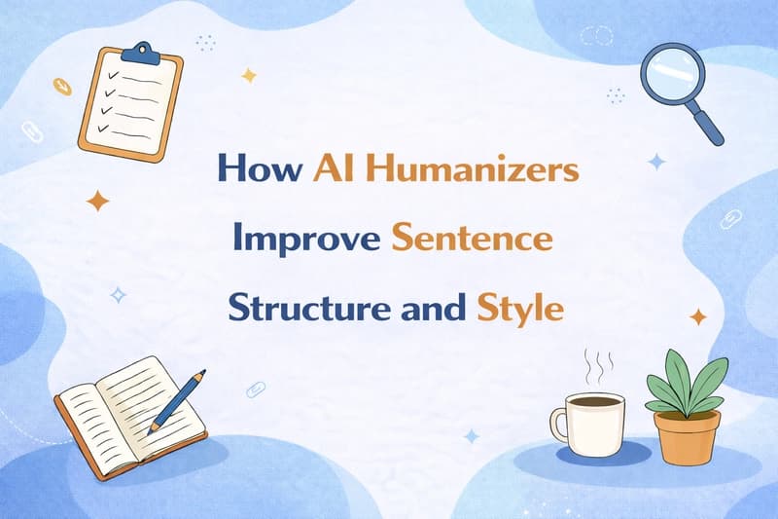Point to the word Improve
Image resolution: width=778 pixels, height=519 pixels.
pos(302,239)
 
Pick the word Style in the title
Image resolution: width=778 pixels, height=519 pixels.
pos(520,309)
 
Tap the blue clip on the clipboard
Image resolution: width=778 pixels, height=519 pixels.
pos(147,50)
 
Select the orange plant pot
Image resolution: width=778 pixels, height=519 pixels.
pos(687,435)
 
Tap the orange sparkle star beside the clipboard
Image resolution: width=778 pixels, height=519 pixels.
pos(97,202)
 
